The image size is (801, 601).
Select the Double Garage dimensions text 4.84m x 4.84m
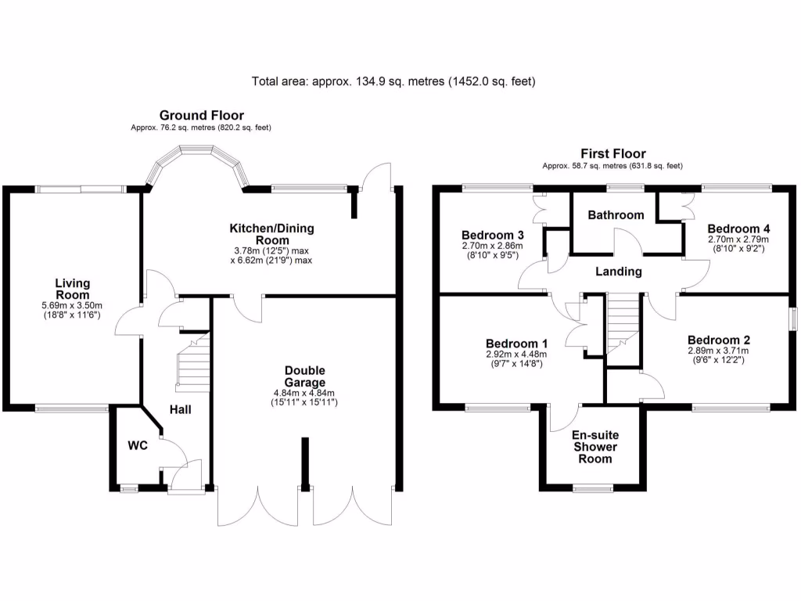tap(304, 393)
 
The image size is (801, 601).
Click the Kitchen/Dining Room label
tap(271, 234)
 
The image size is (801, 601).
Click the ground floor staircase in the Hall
tap(193, 362)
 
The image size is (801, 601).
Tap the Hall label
tap(180, 409)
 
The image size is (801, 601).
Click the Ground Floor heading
tap(201, 116)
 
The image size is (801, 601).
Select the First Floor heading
tap(613, 153)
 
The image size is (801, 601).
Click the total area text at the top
tap(393, 81)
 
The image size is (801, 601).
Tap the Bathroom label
tap(616, 215)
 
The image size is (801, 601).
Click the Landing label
tap(618, 272)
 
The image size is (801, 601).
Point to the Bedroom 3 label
tap(492, 236)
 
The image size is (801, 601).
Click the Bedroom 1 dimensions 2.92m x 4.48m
tap(516, 354)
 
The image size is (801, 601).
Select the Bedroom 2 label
tap(719, 340)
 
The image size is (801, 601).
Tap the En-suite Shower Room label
tap(595, 447)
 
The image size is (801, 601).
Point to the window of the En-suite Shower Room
tap(595, 490)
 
